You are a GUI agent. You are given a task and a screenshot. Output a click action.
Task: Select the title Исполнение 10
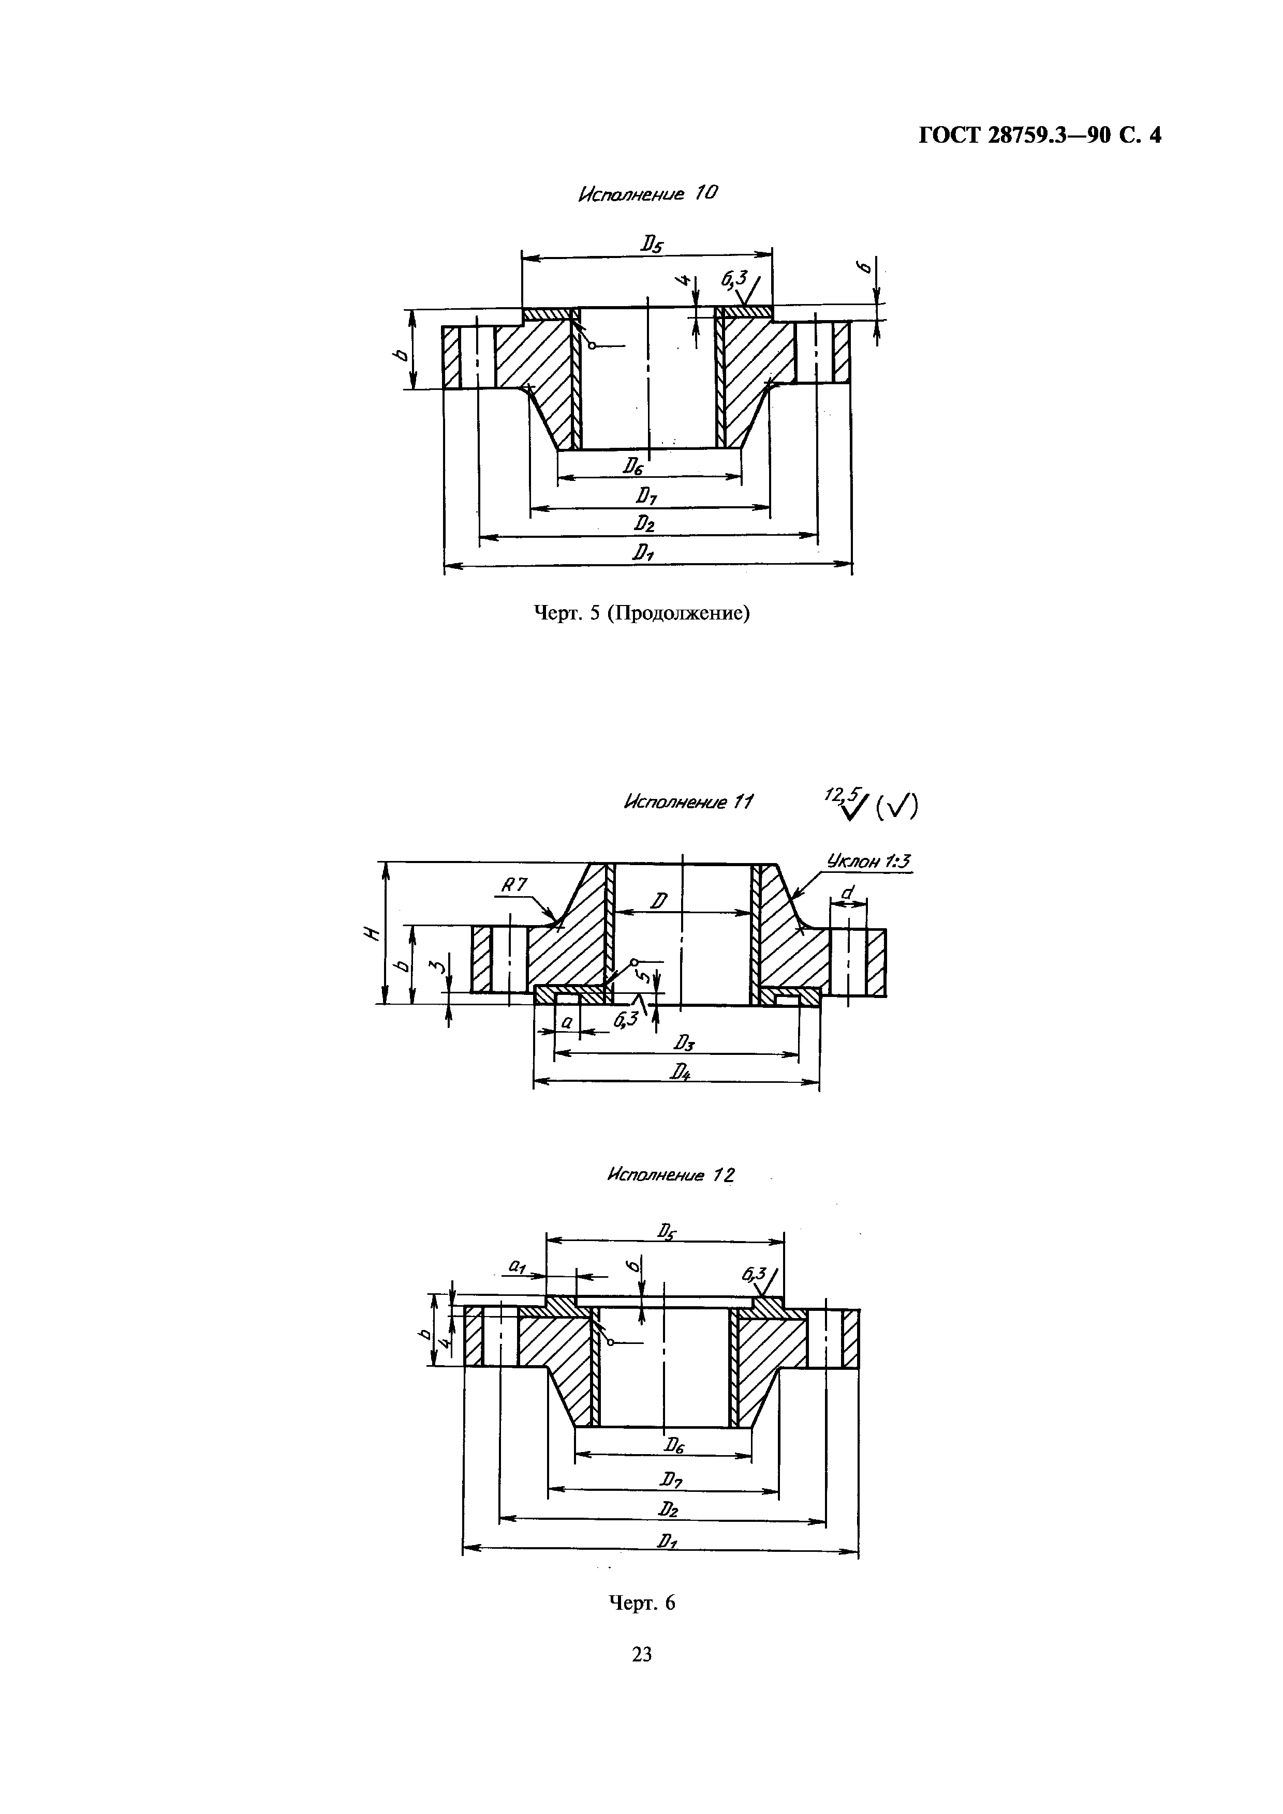point(647,193)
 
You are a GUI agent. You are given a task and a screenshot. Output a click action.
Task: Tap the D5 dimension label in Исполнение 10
point(652,245)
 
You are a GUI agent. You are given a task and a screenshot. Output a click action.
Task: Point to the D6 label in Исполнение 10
point(632,467)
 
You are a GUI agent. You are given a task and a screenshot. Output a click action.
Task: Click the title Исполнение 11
point(688,802)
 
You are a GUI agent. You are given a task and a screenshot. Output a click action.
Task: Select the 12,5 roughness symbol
point(847,804)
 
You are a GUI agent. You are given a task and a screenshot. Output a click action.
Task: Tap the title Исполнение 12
point(670,1175)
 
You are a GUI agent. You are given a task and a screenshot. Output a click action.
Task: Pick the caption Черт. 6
point(641,1603)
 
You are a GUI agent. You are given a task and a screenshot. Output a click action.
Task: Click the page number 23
point(642,1654)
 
